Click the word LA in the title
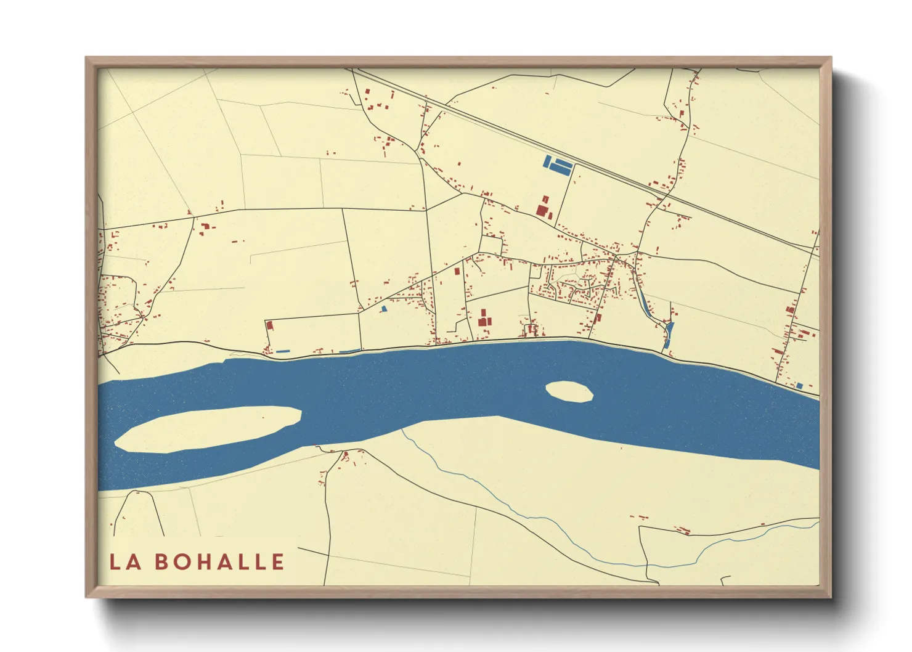[126, 562]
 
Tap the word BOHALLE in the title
[219, 562]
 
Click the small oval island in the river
[569, 391]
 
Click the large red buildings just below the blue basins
[543, 207]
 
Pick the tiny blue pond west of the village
[383, 309]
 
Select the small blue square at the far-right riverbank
[799, 386]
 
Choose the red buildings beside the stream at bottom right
[682, 529]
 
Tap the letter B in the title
[161, 562]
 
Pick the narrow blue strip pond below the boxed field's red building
[283, 351]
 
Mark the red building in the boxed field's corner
[269, 325]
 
